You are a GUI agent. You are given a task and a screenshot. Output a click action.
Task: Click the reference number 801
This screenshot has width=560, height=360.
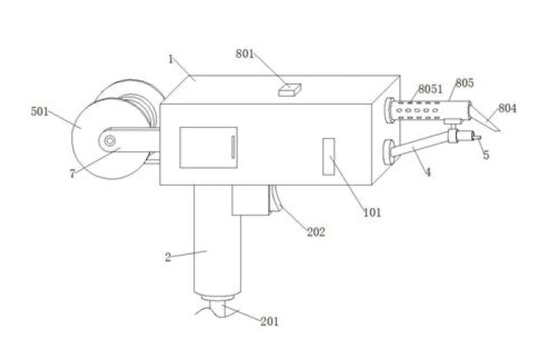(x=244, y=54)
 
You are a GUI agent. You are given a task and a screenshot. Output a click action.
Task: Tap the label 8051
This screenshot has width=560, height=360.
(x=430, y=89)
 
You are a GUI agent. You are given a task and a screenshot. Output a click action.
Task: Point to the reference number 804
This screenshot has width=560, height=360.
(x=507, y=108)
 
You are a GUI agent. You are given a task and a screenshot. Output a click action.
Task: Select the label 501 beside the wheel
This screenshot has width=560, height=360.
(x=40, y=112)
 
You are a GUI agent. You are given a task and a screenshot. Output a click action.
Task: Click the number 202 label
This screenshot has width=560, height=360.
(x=316, y=232)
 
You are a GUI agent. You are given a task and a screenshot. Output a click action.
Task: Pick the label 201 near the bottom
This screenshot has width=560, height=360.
(x=269, y=321)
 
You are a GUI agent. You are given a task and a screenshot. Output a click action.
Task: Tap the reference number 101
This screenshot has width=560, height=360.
(x=372, y=213)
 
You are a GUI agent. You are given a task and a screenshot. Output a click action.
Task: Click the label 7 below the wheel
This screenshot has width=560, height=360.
(x=72, y=174)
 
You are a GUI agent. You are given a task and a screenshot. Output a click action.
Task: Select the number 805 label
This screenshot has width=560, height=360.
(x=465, y=82)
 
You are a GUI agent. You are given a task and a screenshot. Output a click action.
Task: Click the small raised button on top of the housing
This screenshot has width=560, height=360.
(x=290, y=90)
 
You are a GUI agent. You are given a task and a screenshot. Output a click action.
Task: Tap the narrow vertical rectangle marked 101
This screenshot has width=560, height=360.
(x=328, y=156)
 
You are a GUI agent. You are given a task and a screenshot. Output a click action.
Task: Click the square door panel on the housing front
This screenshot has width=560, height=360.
(x=209, y=147)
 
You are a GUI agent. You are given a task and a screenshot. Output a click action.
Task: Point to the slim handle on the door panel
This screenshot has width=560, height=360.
(x=233, y=147)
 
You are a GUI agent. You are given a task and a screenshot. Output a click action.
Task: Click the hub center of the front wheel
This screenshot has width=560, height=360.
(x=109, y=140)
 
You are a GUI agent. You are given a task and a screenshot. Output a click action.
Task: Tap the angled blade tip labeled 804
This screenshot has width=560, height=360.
(x=485, y=117)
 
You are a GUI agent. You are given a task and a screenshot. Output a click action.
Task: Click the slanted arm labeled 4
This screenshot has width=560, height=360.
(x=420, y=144)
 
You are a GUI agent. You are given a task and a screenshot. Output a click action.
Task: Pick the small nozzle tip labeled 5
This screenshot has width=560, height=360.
(x=477, y=137)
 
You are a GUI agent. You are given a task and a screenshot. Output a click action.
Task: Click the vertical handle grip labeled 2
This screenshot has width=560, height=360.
(x=217, y=240)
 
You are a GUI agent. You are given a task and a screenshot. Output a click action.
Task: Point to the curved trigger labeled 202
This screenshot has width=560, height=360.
(x=276, y=199)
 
